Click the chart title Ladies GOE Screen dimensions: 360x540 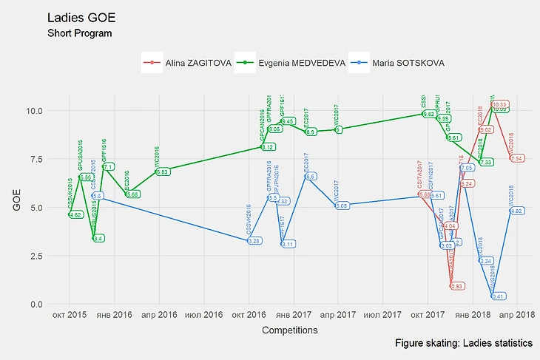[x=81, y=18]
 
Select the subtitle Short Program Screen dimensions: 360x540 [x=79, y=34]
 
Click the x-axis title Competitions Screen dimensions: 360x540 [x=290, y=330]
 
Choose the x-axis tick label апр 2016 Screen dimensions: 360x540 [x=158, y=316]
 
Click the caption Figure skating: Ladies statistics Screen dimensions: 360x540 [x=464, y=344]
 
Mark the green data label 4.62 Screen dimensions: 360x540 [x=75, y=215]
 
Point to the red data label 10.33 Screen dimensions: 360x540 [x=500, y=105]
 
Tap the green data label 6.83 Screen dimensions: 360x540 [x=163, y=171]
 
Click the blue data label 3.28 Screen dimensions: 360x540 [x=254, y=241]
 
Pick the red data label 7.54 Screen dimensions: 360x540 [x=516, y=158]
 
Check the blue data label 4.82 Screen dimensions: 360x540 [x=516, y=211]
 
